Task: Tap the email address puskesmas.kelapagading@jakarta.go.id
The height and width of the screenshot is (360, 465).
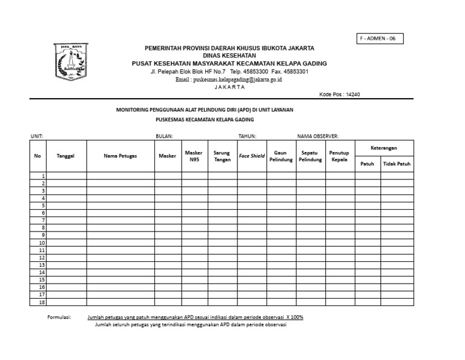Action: [229, 79]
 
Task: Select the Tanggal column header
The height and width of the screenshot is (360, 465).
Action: [65, 156]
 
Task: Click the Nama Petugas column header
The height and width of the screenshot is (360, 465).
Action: [120, 156]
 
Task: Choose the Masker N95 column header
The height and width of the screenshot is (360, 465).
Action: [194, 156]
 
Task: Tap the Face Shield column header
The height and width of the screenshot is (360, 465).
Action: [252, 156]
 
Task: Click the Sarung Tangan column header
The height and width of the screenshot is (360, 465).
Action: [222, 156]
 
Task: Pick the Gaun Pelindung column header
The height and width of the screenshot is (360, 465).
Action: [281, 156]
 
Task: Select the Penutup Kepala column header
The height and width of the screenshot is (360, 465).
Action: [339, 156]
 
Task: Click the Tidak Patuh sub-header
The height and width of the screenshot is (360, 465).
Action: [397, 164]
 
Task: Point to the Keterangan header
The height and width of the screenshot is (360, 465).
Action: [384, 148]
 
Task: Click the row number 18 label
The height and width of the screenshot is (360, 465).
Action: [42, 302]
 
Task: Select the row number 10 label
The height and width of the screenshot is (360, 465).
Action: [42, 242]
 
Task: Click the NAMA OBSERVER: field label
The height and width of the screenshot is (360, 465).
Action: [317, 136]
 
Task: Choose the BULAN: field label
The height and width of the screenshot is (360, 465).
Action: [165, 136]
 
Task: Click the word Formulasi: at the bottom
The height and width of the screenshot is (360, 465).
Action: [59, 317]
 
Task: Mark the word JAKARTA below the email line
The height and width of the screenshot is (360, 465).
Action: [229, 87]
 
